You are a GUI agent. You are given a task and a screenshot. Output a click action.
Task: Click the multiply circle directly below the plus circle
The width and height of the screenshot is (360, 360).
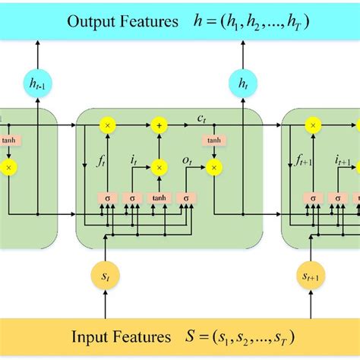pos(159,166)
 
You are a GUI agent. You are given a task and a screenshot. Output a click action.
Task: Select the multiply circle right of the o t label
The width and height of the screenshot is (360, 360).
pos(215,166)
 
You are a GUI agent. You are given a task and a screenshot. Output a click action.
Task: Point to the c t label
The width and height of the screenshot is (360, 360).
pos(203,117)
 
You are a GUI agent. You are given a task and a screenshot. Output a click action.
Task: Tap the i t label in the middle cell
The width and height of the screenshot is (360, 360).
pos(134,160)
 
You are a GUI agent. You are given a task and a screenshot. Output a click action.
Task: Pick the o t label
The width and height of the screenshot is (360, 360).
pos(187,160)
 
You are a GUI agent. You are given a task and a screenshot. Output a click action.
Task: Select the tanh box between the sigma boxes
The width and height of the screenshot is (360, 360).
pos(159,198)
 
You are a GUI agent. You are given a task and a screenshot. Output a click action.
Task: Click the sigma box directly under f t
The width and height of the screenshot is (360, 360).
pos(107,198)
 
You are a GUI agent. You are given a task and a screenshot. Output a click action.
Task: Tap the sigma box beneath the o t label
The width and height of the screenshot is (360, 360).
pos(185,198)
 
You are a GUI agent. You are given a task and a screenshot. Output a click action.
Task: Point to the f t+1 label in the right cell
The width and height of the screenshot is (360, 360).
pos(305,160)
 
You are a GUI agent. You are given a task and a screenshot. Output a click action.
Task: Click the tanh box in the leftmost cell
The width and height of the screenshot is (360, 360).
pos(9,141)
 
